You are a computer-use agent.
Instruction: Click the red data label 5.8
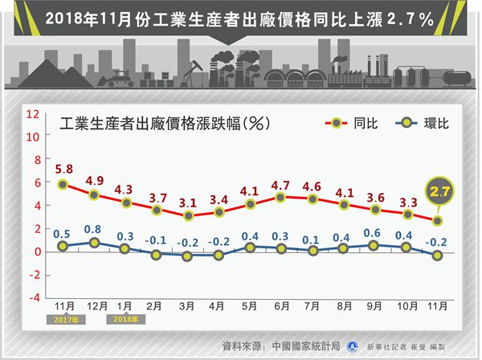click(x=64, y=170)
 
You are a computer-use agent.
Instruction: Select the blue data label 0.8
click(x=95, y=228)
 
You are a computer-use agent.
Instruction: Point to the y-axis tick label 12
click(x=32, y=114)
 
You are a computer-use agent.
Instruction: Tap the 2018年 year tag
click(x=125, y=319)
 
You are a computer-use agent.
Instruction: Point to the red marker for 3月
click(x=188, y=215)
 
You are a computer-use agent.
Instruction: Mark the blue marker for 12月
click(x=95, y=242)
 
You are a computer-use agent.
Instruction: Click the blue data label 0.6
click(x=374, y=234)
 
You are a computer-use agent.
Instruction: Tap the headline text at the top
click(x=241, y=18)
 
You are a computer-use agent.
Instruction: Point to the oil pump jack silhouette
click(x=191, y=76)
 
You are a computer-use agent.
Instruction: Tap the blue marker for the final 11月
click(x=437, y=255)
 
